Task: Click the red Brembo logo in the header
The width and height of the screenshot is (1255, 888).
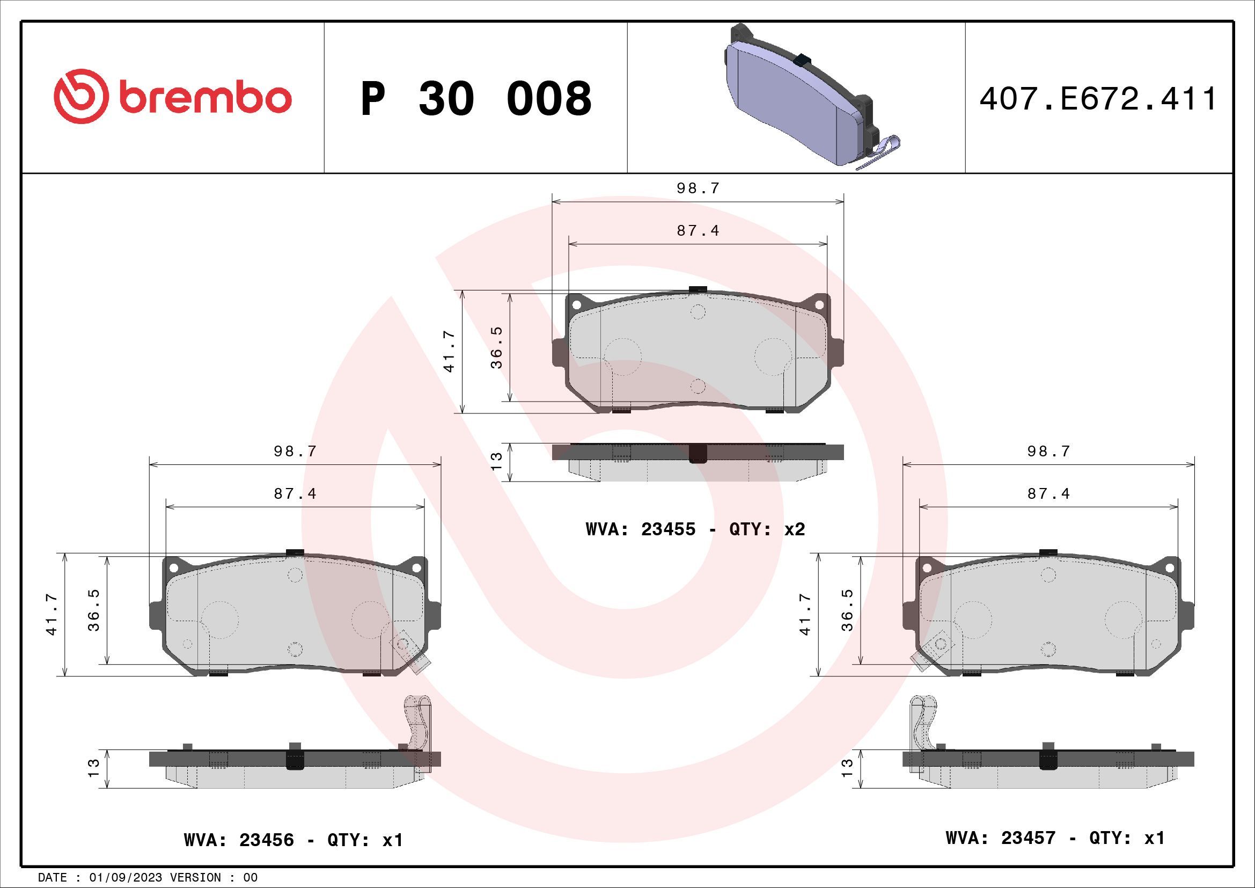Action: click(x=172, y=97)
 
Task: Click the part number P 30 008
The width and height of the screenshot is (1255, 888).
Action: click(x=475, y=99)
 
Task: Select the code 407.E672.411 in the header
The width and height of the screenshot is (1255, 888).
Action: click(x=1098, y=99)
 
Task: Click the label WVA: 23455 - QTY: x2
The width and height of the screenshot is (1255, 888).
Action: click(x=695, y=529)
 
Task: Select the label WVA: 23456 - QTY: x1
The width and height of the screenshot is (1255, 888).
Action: click(x=293, y=840)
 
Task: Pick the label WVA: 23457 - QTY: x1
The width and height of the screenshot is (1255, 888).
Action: click(x=1055, y=838)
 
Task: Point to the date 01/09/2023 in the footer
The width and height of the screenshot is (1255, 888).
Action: click(x=126, y=878)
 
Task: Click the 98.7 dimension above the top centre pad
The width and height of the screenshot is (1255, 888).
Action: click(x=698, y=188)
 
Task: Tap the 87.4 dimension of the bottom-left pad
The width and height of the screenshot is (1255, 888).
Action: click(x=295, y=494)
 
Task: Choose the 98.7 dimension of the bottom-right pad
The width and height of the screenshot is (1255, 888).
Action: click(x=1048, y=452)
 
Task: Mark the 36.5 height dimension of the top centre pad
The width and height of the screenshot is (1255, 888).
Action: click(x=496, y=348)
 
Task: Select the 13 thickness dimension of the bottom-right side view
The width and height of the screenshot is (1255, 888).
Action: click(x=847, y=768)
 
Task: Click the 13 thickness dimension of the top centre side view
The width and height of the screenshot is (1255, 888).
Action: click(x=496, y=462)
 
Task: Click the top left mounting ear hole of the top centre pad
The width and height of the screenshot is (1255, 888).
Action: click(x=576, y=304)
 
